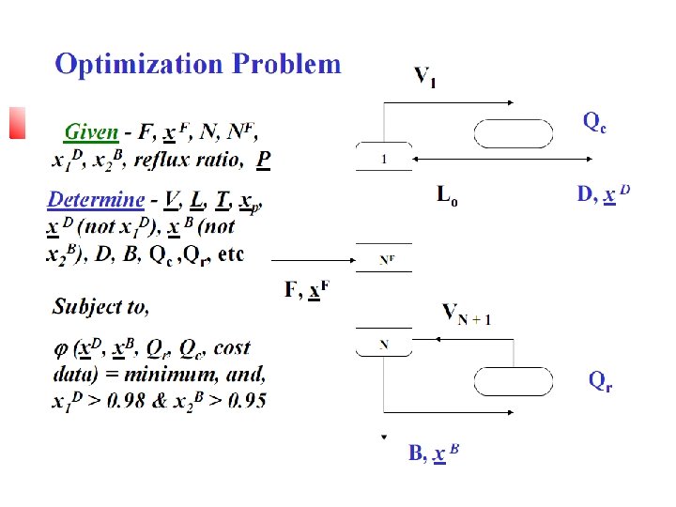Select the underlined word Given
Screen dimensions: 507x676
click(91, 133)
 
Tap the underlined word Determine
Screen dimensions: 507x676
click(96, 200)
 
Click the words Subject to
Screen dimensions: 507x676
click(100, 306)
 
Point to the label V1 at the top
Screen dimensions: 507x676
click(424, 76)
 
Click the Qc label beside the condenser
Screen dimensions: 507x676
click(595, 122)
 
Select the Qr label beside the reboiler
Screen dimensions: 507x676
click(600, 380)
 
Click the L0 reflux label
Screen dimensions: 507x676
click(448, 196)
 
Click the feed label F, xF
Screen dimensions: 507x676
click(307, 290)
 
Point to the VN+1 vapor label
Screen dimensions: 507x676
click(467, 314)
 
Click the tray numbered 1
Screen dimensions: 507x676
click(384, 160)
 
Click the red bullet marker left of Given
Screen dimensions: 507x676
click(16, 123)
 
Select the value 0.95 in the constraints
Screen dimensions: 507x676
click(245, 400)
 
